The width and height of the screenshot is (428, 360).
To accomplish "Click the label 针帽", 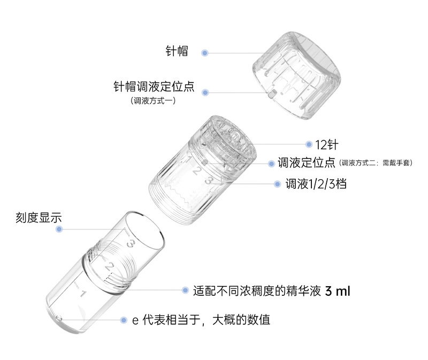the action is (177, 51).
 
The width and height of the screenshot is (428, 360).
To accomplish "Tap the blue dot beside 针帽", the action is (205, 53).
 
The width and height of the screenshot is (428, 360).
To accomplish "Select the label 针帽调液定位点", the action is (154, 87).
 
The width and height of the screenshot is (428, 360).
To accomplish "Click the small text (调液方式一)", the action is (153, 101).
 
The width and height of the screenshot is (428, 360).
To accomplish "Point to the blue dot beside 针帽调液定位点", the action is (205, 93).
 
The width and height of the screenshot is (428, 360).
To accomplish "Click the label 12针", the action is (327, 144).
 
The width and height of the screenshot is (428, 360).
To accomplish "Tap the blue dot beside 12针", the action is (309, 144).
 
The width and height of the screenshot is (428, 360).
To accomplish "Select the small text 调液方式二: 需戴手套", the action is (376, 163).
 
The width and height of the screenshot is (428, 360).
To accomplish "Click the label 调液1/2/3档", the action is (316, 184).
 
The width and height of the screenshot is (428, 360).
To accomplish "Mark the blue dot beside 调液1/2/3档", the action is (277, 184).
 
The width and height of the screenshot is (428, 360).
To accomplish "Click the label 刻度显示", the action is (39, 218).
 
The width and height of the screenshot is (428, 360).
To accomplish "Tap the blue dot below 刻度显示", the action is (59, 229).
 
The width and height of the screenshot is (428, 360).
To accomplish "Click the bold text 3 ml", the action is (338, 291).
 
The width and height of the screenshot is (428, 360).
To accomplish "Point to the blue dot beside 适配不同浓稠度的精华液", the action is (185, 290).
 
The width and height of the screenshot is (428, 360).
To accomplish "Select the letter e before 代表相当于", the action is (135, 321).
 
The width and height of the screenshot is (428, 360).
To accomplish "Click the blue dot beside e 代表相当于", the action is (124, 320).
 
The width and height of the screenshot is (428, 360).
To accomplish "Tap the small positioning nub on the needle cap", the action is (271, 95).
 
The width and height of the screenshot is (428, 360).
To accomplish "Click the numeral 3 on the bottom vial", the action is (131, 243).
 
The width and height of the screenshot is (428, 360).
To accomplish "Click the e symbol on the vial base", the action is (59, 318).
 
